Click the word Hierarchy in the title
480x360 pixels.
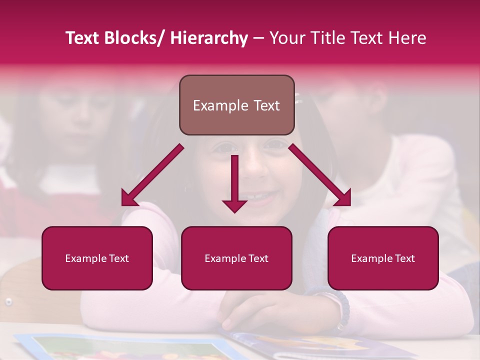tap(209, 38)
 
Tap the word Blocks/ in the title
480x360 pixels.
tap(135, 38)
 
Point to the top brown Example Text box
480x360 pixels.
tap(236, 105)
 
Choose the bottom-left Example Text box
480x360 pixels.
tap(97, 258)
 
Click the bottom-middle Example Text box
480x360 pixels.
tap(236, 258)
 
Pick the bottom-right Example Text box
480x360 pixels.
tap(383, 258)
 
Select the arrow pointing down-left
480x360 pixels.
tap(152, 175)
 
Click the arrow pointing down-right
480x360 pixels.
tap(320, 175)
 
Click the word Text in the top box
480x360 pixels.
tap(265, 105)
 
